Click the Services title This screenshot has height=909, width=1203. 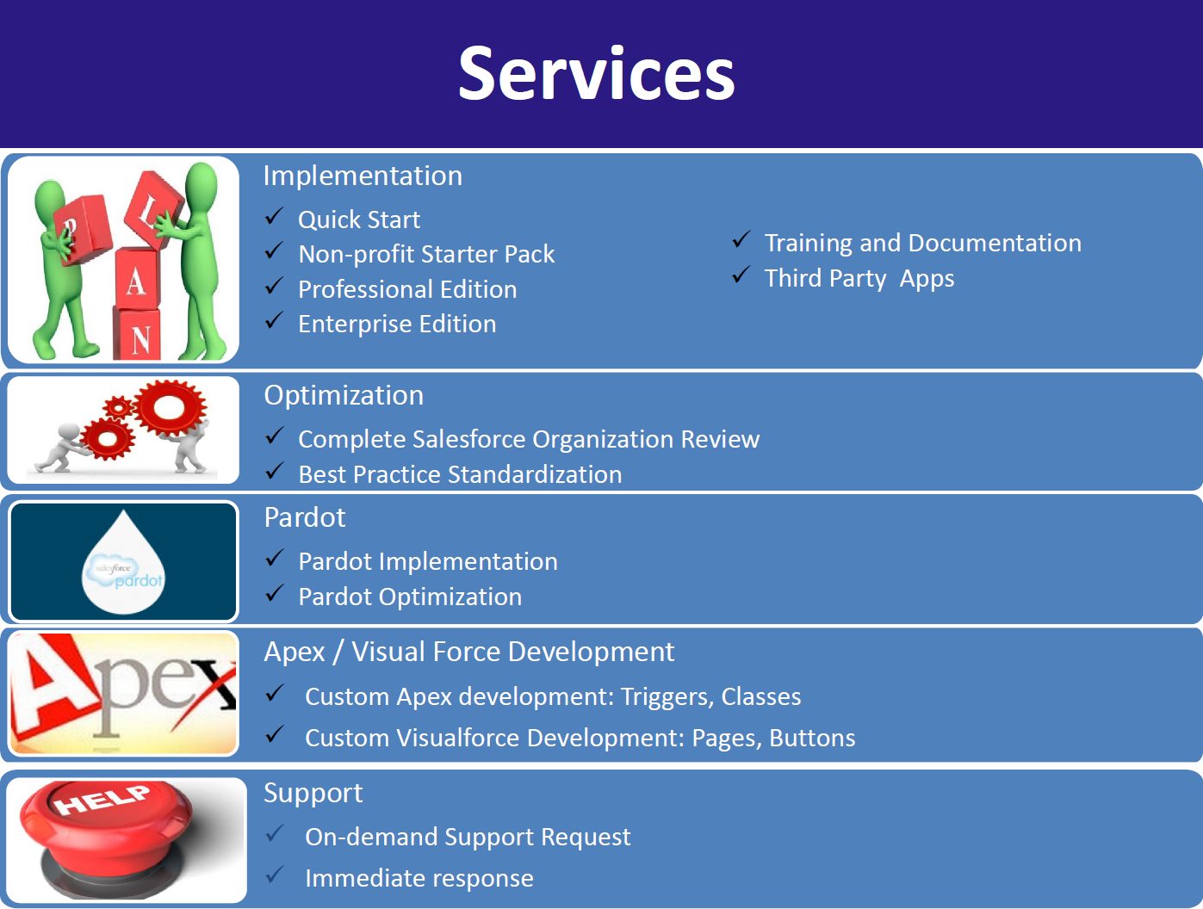tap(596, 74)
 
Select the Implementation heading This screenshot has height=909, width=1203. tap(363, 176)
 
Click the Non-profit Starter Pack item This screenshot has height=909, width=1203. tap(426, 254)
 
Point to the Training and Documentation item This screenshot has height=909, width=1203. tap(922, 243)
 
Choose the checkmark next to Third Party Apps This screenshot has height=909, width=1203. tap(741, 275)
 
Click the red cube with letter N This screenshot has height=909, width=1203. tap(138, 337)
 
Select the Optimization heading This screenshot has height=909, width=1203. tap(344, 395)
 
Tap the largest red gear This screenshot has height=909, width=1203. tap(171, 406)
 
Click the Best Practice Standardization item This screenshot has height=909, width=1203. tap(460, 474)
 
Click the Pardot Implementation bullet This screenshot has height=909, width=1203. tap(427, 561)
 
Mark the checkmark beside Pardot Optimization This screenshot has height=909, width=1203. tap(274, 593)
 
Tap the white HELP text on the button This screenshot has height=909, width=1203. tap(102, 800)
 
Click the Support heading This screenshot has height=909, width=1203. tap(313, 793)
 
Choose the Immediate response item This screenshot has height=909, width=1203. tap(419, 878)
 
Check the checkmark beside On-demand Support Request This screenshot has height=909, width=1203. tap(275, 833)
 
